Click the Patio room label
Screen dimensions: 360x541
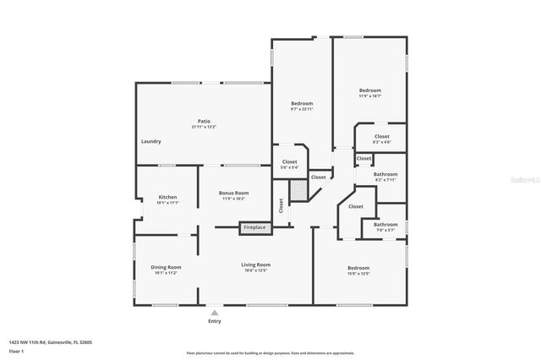(203, 122)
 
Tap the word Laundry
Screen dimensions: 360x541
(150, 141)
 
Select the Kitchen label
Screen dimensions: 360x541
(167, 197)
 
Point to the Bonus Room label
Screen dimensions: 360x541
(233, 193)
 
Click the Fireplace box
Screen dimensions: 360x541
(254, 227)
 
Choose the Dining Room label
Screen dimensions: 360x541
(167, 267)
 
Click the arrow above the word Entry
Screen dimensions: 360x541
(214, 311)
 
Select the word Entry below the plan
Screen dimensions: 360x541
(214, 322)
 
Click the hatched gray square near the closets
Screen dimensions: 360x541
(298, 192)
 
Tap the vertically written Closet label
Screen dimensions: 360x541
(281, 206)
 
